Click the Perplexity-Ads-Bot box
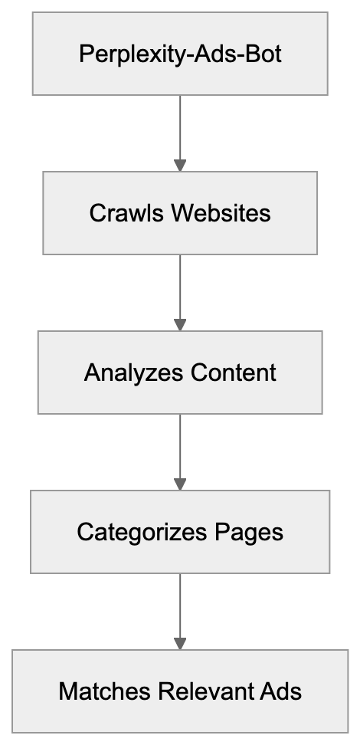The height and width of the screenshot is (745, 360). click(x=180, y=54)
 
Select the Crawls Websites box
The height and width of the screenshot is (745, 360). click(x=180, y=212)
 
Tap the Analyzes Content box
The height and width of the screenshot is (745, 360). click(x=180, y=372)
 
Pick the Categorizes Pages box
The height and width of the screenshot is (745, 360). click(x=180, y=532)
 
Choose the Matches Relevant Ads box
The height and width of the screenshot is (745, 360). click(x=180, y=691)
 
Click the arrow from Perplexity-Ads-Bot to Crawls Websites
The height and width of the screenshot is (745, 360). click(x=180, y=130)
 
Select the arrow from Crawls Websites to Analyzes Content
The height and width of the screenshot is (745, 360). click(x=180, y=290)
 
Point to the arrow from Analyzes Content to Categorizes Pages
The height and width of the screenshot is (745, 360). click(x=180, y=449)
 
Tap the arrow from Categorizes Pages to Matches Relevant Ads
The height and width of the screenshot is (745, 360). click(x=180, y=609)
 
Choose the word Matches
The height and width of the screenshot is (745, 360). click(x=104, y=692)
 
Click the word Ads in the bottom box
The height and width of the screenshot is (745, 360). click(x=280, y=692)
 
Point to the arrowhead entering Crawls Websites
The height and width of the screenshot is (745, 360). click(x=180, y=165)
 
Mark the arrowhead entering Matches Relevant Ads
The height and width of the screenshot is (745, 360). click(x=180, y=643)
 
